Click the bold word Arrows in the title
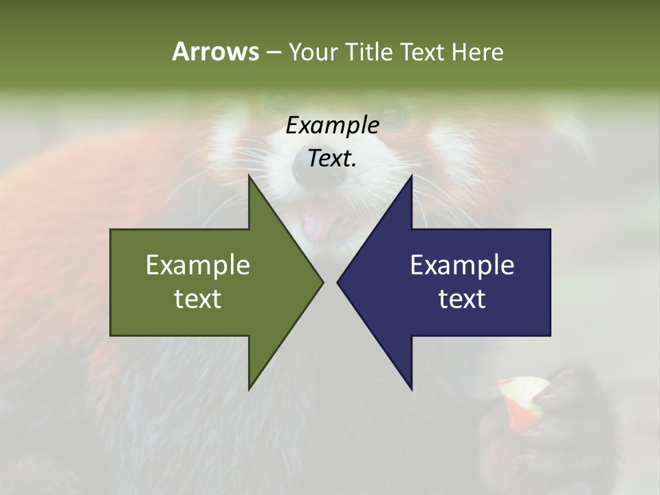click(x=215, y=52)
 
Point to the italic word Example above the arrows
click(x=332, y=125)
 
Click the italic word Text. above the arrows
click(x=332, y=158)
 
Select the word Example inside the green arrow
click(x=198, y=265)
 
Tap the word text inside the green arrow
click(x=198, y=299)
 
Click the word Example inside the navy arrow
click(x=462, y=265)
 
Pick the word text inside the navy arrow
click(x=462, y=299)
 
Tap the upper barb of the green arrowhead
click(x=250, y=180)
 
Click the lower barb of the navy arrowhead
click(x=410, y=386)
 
